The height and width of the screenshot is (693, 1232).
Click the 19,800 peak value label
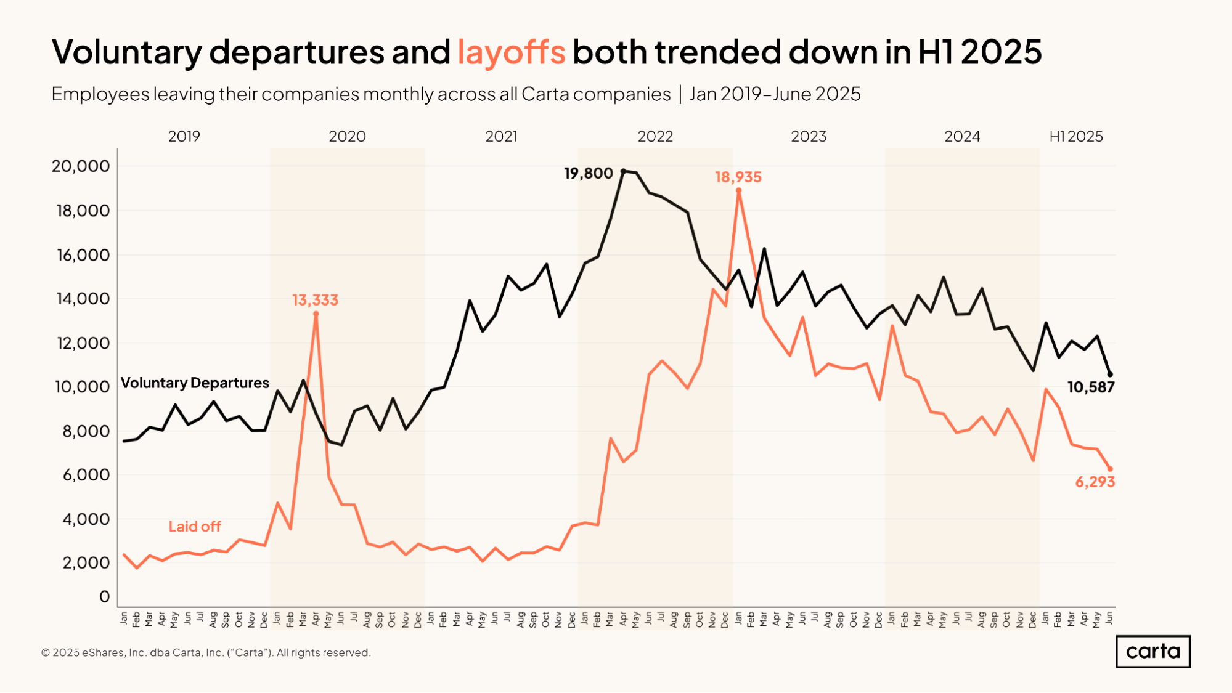tap(588, 174)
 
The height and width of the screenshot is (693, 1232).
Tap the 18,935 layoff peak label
tap(738, 177)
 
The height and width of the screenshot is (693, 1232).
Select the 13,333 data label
tap(315, 300)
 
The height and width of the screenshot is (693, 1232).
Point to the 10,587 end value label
tap(1090, 387)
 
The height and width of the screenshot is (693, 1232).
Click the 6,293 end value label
tap(1095, 482)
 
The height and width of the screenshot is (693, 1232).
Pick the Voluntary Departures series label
tap(195, 383)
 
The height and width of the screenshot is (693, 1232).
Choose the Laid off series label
tap(195, 527)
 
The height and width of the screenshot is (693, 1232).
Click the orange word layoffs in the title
tap(511, 52)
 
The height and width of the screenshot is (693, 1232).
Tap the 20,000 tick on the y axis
tap(81, 166)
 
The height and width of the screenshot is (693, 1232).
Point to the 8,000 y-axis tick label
tap(86, 431)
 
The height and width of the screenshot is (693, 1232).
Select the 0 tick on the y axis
tap(104, 596)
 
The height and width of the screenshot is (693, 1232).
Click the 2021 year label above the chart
tap(501, 137)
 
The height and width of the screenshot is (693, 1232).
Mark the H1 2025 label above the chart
tap(1075, 137)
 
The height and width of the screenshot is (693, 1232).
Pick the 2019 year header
tap(184, 137)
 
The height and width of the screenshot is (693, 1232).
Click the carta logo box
tap(1152, 651)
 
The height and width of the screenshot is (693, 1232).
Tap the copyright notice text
tap(206, 652)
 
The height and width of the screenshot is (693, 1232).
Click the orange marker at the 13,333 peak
tap(316, 314)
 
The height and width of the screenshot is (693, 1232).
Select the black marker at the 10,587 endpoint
tap(1110, 375)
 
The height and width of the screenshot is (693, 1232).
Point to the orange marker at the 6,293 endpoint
tap(1110, 469)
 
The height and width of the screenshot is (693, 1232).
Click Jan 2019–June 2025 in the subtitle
tap(774, 94)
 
